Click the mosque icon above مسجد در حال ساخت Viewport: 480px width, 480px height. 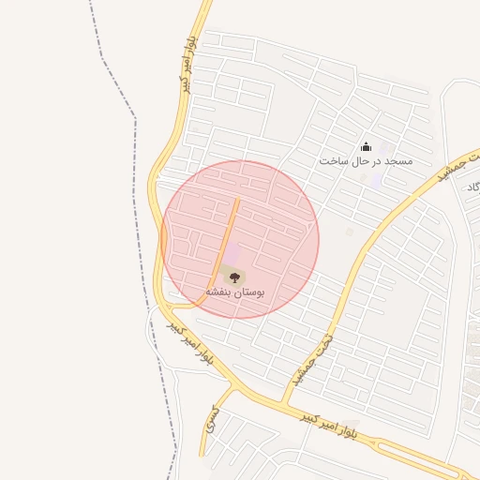coord(366,146)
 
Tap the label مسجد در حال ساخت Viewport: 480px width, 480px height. coord(366,161)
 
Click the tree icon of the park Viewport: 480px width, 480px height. coord(234,277)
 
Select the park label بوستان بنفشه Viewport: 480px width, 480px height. coord(235,292)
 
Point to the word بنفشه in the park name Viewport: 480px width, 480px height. coord(219,292)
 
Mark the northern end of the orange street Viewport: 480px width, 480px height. coord(238,200)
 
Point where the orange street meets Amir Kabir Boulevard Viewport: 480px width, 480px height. coord(200,303)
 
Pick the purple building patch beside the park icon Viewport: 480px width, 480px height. coord(232,256)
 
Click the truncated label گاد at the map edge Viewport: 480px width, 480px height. coord(472,187)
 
